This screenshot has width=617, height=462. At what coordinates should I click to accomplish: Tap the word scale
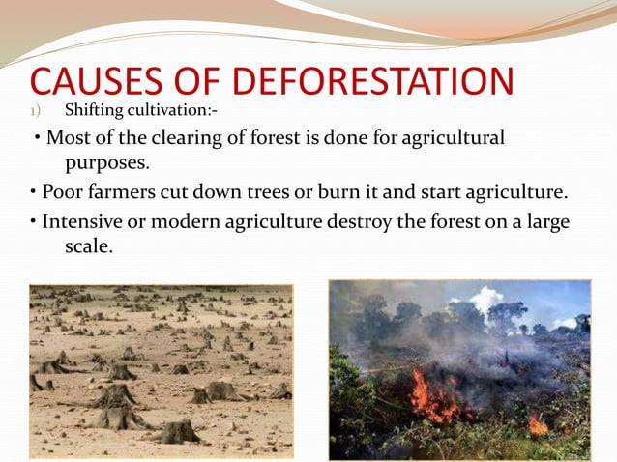click(x=89, y=247)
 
